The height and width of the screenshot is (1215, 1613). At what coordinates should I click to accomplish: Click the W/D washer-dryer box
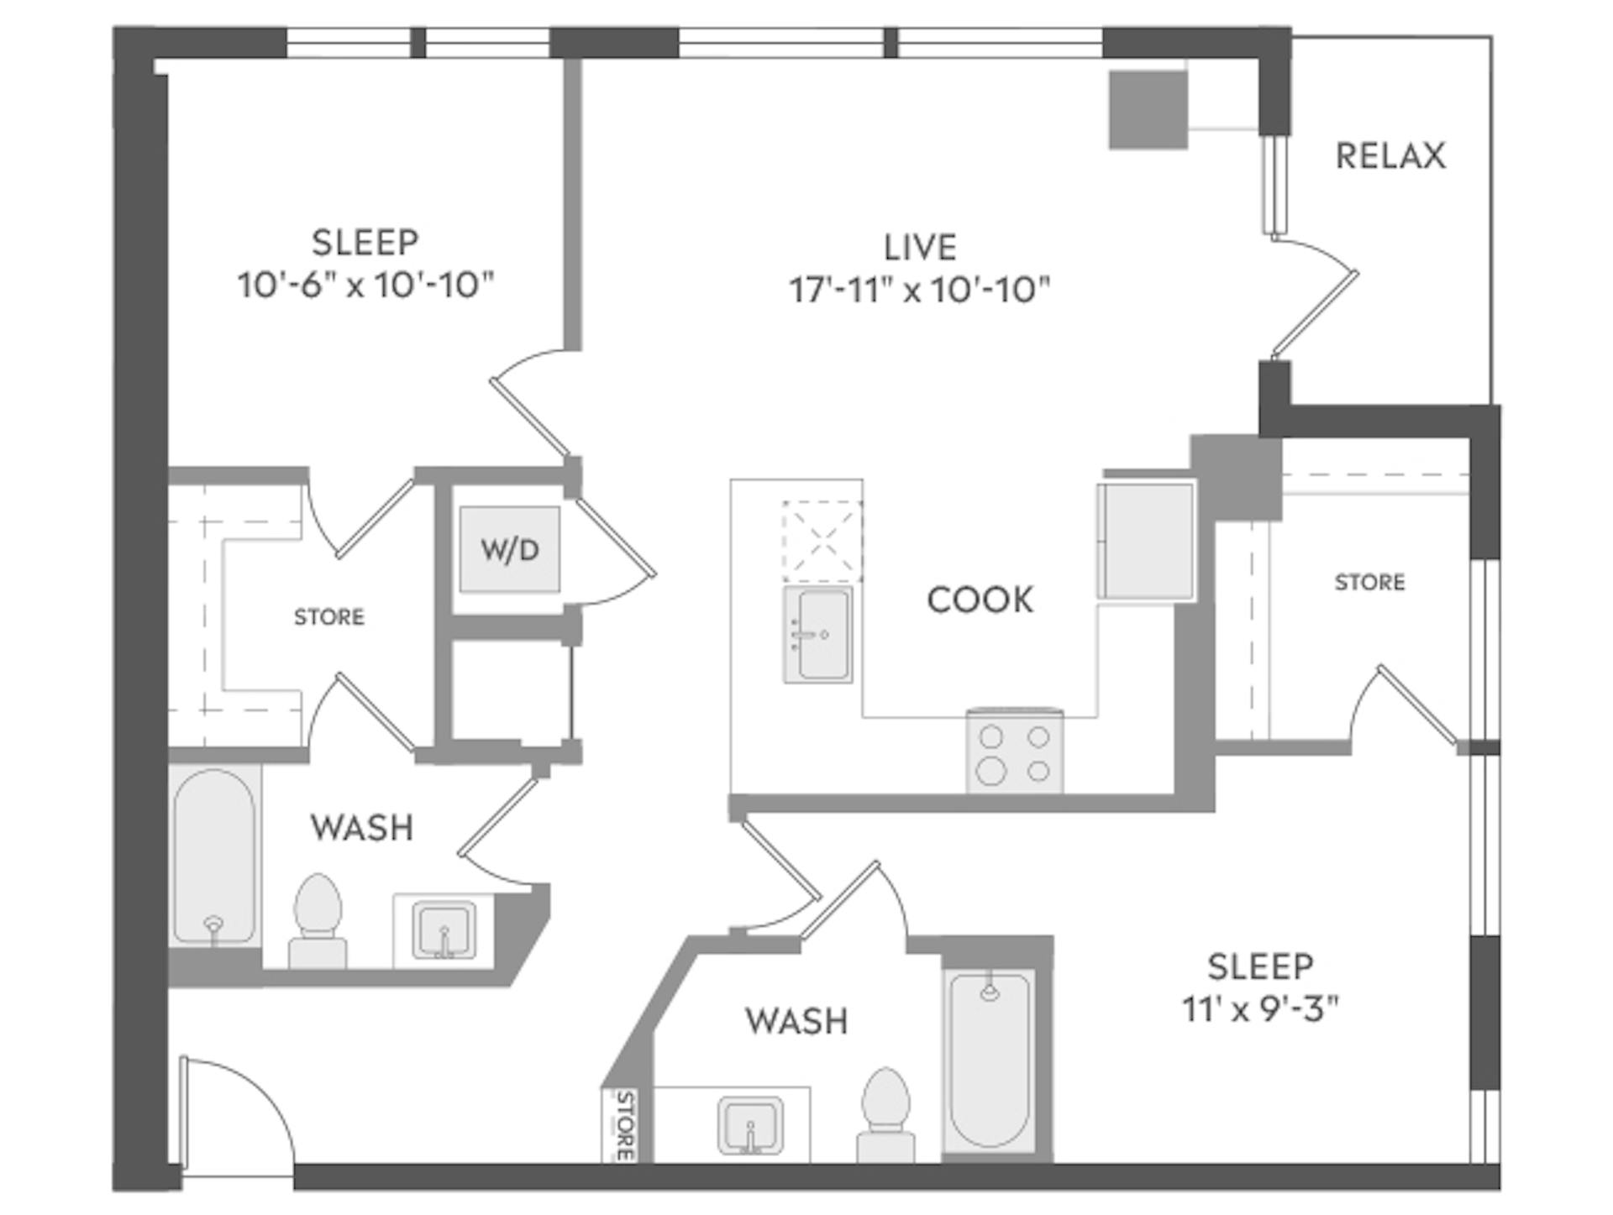point(509,550)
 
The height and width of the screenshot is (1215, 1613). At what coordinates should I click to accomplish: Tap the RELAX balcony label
point(1390,156)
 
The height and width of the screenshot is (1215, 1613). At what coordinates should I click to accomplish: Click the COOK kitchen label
point(980,600)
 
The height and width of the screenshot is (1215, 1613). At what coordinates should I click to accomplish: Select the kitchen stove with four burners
point(1015,752)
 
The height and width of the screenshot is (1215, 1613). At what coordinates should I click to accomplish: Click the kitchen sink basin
point(818,635)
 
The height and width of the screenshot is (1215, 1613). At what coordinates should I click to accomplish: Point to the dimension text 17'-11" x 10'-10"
point(920,291)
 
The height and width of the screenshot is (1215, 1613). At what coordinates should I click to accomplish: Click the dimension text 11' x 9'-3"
point(1259,1008)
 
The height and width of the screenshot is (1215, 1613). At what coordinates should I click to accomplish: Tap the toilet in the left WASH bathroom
point(318,920)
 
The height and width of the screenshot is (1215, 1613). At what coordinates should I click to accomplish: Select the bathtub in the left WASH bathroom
point(214,856)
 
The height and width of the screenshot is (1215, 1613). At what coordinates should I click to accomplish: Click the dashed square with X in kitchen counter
point(822,542)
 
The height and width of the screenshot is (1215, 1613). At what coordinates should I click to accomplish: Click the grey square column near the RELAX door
point(1148,110)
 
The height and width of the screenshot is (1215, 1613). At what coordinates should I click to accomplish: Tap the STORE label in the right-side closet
point(1369,582)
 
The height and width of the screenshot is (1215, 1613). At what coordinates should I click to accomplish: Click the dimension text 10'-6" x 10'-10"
point(365,285)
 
